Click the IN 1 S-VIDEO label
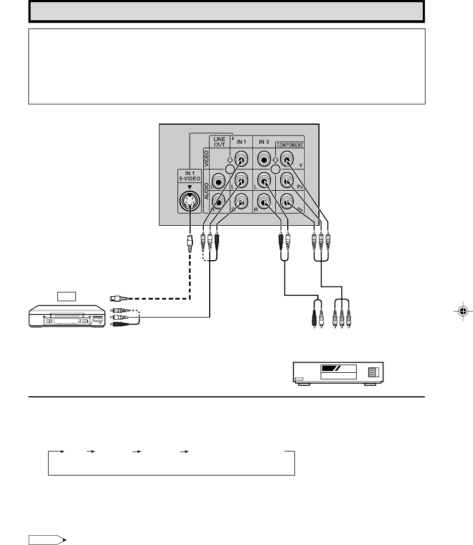click(x=190, y=177)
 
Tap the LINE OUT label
click(x=220, y=142)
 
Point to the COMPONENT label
click(x=290, y=145)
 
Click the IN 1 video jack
click(x=241, y=160)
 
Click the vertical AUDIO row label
click(x=206, y=192)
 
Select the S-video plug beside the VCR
click(x=119, y=298)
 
